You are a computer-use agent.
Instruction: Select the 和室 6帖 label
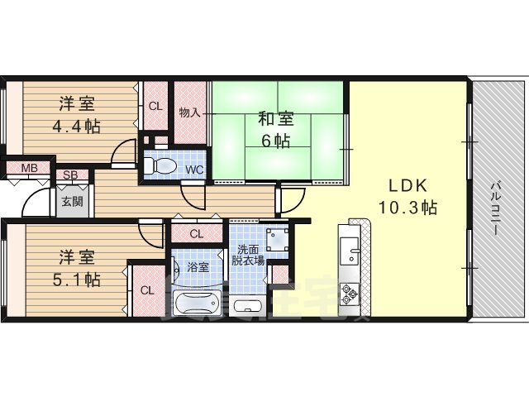[276, 130]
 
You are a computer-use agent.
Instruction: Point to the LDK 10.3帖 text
[407, 195]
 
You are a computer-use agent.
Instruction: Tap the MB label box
[29, 170]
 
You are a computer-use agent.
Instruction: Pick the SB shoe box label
[71, 175]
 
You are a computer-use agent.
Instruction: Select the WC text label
[194, 170]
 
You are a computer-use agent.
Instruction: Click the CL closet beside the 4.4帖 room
[155, 106]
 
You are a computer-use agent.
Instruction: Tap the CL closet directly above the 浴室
[196, 234]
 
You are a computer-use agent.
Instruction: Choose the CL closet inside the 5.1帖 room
[146, 290]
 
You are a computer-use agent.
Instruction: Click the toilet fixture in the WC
[162, 165]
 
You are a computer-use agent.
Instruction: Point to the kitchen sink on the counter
[350, 248]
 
